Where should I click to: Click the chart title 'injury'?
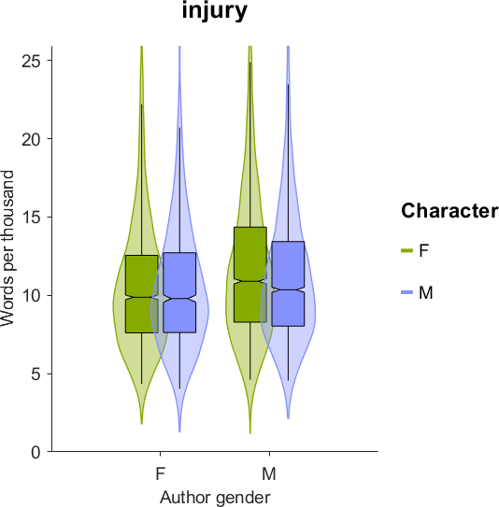pyautogui.click(x=215, y=11)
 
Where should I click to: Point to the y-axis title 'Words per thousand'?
pyautogui.click(x=7, y=248)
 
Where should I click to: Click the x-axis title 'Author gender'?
pyautogui.click(x=215, y=498)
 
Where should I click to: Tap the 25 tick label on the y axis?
pyautogui.click(x=32, y=61)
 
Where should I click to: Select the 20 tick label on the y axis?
pyautogui.click(x=32, y=139)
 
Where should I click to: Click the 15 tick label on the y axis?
pyautogui.click(x=32, y=218)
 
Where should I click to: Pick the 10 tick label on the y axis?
pyautogui.click(x=32, y=296)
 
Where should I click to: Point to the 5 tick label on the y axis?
pyautogui.click(x=36, y=374)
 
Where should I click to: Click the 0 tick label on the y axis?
pyautogui.click(x=36, y=452)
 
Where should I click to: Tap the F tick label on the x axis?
pyautogui.click(x=161, y=474)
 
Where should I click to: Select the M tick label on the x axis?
pyautogui.click(x=269, y=474)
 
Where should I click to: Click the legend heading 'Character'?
pyautogui.click(x=449, y=211)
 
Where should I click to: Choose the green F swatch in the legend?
pyautogui.click(x=407, y=250)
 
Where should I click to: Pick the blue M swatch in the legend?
pyautogui.click(x=407, y=292)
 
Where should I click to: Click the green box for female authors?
pyautogui.click(x=142, y=294)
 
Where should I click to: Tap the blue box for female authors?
pyautogui.click(x=179, y=292)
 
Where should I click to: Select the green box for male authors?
pyautogui.click(x=250, y=275)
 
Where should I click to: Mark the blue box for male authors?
pyautogui.click(x=288, y=284)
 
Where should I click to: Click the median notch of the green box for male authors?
pyautogui.click(x=250, y=281)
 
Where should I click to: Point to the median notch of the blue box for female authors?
pyautogui.click(x=179, y=298)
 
